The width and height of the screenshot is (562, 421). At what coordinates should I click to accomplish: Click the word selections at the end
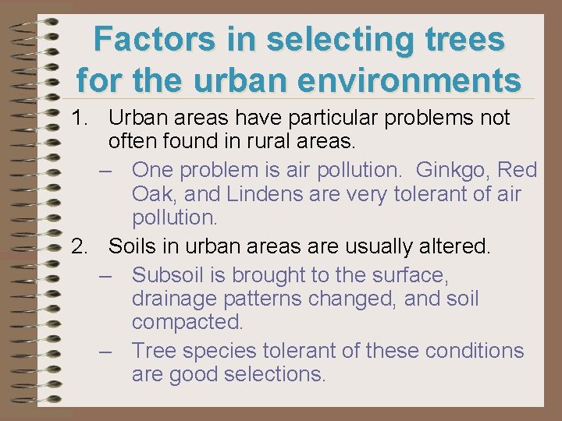click(274, 374)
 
